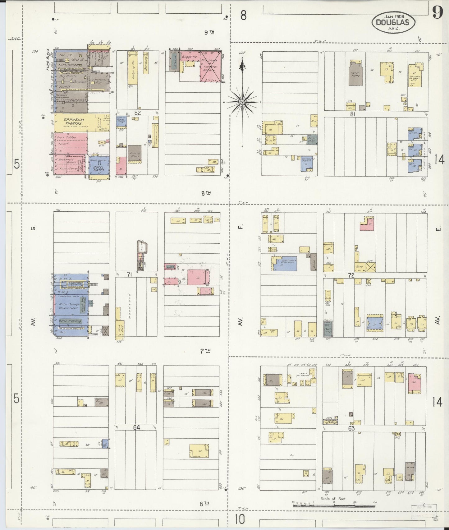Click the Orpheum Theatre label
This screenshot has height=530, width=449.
(x=74, y=122)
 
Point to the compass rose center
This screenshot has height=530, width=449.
(x=242, y=102)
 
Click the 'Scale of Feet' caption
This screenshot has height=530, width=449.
(x=333, y=499)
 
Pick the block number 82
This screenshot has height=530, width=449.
(x=137, y=113)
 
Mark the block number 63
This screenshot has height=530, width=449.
(x=351, y=428)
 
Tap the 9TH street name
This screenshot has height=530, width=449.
(x=209, y=32)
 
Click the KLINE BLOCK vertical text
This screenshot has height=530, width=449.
(x=48, y=60)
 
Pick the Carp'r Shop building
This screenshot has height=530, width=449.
(x=312, y=139)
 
